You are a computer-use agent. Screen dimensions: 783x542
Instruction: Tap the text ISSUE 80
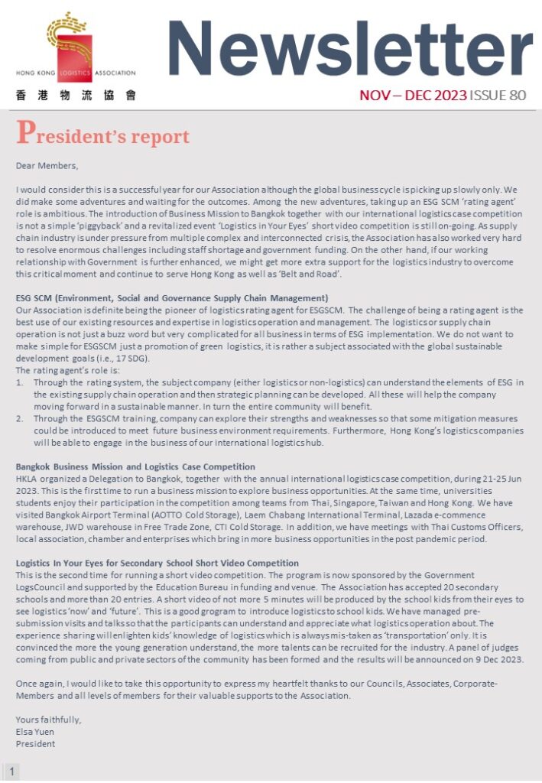click(498, 96)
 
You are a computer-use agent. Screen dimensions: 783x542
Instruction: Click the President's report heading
click(102, 135)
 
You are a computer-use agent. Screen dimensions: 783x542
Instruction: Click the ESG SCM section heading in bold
click(172, 297)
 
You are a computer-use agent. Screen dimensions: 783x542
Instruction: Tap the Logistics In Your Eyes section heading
click(157, 563)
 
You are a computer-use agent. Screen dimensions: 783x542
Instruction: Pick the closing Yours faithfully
click(48, 720)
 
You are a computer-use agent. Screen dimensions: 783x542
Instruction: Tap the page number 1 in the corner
click(12, 771)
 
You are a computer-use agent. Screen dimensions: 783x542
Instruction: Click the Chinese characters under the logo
click(76, 96)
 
